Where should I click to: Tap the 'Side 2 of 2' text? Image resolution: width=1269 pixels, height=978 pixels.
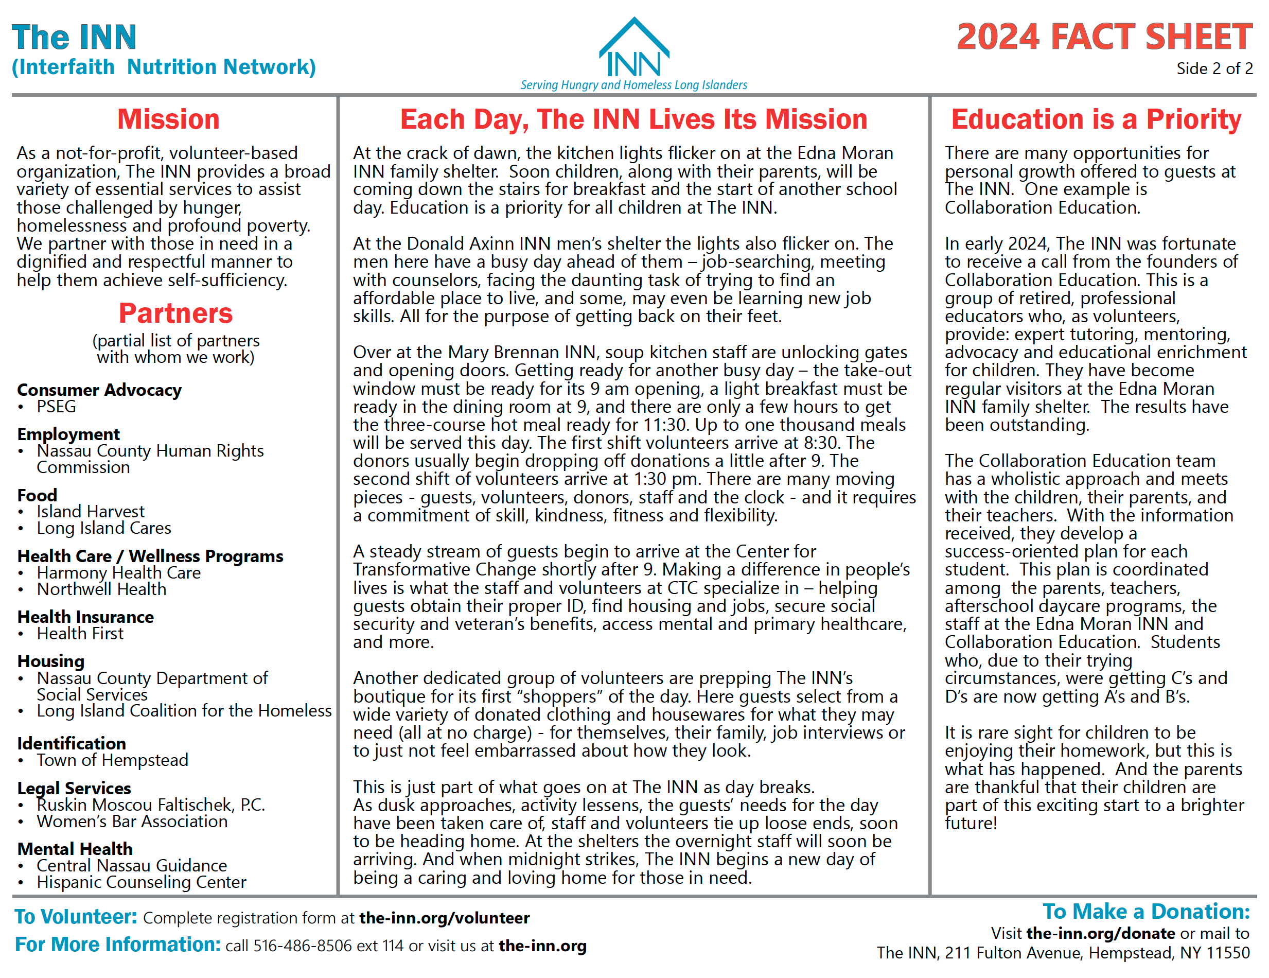click(1214, 68)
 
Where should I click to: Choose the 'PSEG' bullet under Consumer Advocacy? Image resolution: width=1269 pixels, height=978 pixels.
click(57, 407)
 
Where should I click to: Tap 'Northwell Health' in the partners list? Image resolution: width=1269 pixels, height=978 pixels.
click(102, 589)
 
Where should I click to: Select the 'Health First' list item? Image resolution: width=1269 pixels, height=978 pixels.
click(80, 634)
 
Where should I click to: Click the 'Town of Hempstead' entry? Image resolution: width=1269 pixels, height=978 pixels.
click(113, 760)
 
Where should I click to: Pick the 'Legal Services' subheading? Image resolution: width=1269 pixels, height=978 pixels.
click(75, 788)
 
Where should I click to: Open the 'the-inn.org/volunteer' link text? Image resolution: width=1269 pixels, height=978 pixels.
click(445, 918)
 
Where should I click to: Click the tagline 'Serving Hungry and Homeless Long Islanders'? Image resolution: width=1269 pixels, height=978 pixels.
click(633, 85)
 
